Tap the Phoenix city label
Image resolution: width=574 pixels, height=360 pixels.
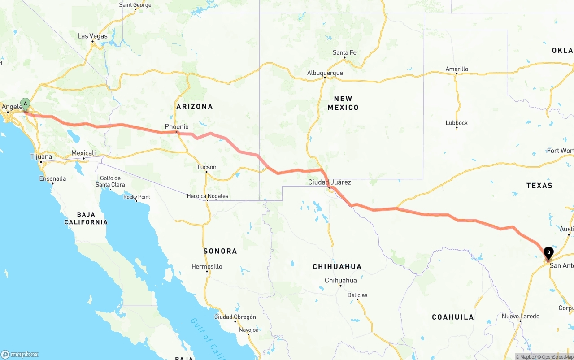[176, 127]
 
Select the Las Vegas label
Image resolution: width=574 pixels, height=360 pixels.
[92, 36]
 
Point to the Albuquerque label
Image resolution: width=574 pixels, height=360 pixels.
[325, 73]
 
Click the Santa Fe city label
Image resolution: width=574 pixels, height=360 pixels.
[344, 53]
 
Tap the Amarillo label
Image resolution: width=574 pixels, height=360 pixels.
[457, 69]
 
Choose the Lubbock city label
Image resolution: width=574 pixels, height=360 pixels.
[457, 123]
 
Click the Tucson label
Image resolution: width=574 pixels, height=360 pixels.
[206, 167]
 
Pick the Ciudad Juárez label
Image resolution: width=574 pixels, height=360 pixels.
[329, 182]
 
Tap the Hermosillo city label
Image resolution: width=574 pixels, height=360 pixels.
[207, 267]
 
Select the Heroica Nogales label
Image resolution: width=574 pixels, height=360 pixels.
[208, 196]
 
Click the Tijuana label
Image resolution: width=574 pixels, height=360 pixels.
[41, 156]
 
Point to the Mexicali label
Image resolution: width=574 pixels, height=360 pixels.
[83, 153]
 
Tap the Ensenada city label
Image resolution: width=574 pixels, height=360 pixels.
[52, 178]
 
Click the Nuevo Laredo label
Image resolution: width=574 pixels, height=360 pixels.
[520, 316]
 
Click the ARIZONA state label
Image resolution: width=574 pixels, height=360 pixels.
[195, 107]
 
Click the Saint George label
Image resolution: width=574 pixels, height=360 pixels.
[135, 5]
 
